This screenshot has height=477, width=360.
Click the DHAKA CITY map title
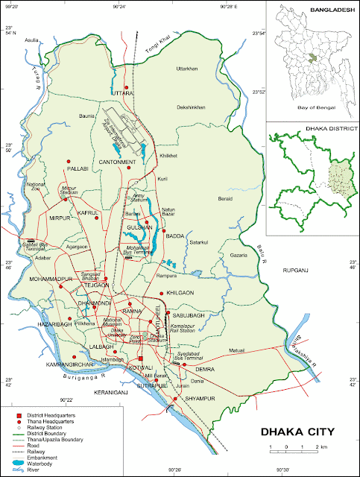click(296, 432)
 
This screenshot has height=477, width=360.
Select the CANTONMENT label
click(117, 162)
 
